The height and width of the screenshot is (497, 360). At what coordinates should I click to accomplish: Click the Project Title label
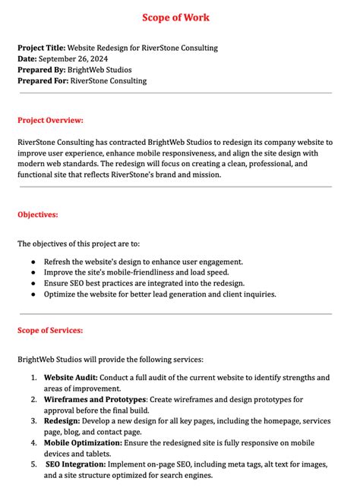tap(42, 48)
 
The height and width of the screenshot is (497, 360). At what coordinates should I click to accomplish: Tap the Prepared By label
tap(41, 70)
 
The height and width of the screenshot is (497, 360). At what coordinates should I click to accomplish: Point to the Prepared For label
tap(43, 81)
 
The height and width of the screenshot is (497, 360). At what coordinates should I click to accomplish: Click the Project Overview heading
tap(50, 120)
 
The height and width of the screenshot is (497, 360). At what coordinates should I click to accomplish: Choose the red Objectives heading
tap(37, 215)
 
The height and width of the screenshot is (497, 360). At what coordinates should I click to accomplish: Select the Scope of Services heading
tap(50, 330)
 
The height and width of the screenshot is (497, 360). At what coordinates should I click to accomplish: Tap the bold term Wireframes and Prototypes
tap(95, 399)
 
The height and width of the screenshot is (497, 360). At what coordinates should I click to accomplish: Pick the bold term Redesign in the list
tap(62, 420)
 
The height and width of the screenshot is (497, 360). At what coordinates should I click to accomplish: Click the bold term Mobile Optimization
tap(82, 442)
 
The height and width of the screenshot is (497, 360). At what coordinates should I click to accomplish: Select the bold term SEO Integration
tap(75, 464)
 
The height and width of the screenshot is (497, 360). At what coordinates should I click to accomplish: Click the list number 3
tap(33, 420)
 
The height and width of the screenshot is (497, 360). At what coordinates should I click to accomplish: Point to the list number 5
tap(33, 464)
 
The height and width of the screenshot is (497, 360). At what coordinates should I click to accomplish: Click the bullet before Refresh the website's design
tap(33, 262)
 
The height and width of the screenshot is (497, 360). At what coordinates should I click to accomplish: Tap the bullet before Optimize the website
tap(33, 294)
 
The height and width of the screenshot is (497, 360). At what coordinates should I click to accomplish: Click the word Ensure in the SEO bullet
tap(57, 283)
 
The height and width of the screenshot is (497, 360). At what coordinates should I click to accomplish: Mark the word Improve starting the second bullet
tap(59, 272)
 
